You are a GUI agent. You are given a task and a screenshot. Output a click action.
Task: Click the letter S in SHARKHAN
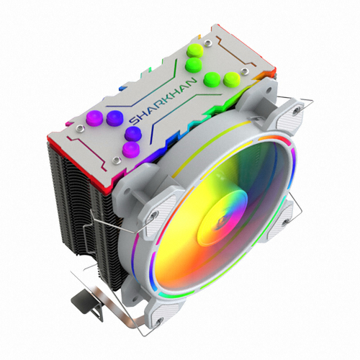tap(134, 121)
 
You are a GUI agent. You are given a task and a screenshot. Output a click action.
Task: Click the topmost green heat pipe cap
tap(194, 50)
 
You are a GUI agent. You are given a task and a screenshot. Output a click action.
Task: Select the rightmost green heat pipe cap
tap(232, 79)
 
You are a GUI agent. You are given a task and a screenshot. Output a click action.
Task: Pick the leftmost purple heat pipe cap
tap(94, 118)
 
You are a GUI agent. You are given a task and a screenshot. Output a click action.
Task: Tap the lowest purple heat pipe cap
tap(131, 150)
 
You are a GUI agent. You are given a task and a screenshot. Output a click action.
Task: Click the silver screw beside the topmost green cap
tap(207, 43)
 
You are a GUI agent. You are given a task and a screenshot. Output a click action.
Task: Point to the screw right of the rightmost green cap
tap(245, 71)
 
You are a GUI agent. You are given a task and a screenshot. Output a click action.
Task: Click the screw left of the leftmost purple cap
tap(80, 129)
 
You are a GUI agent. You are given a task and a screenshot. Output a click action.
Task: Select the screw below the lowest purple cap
tap(117, 160)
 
